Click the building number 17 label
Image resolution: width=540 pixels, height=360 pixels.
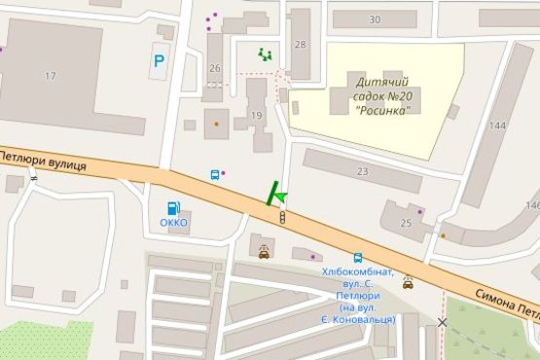point(50,75)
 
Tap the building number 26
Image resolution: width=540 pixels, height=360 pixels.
point(215,67)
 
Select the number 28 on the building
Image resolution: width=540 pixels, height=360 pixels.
point(300,45)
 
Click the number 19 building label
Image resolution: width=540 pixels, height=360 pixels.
point(257,116)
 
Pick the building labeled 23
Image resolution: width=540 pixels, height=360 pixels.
point(362,171)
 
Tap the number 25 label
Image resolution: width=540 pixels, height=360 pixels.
point(405,223)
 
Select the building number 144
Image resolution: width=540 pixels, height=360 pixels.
point(499,126)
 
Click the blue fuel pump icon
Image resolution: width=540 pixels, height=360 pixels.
point(173,206)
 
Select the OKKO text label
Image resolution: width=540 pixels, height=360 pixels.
point(173,223)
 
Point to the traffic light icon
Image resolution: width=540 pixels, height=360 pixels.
point(282,216)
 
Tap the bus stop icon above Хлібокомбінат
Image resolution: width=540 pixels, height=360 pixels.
point(358,258)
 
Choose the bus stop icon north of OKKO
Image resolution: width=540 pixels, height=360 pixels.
point(215,175)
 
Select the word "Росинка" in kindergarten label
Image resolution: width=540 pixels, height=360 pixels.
point(382,110)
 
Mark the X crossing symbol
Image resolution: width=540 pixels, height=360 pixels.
point(443,322)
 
